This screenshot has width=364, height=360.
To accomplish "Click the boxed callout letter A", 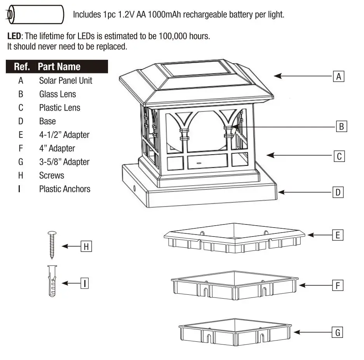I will pyautogui.click(x=339, y=77).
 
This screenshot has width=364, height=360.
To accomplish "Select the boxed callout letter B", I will pyautogui.click(x=341, y=127).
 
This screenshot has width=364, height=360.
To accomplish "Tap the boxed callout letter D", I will pyautogui.click(x=338, y=192).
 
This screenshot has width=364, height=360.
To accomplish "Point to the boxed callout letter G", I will pyautogui.click(x=338, y=332).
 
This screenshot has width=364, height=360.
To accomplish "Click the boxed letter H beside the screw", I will pyautogui.click(x=86, y=246).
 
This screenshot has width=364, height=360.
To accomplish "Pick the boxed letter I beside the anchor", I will pyautogui.click(x=84, y=283).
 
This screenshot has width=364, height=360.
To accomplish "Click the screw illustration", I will pyautogui.click(x=52, y=244).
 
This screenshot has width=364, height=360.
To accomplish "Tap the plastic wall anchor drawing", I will pyautogui.click(x=52, y=280).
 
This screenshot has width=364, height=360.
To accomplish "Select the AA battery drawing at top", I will pyautogui.click(x=35, y=15).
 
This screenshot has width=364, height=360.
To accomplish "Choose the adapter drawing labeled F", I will pyautogui.click(x=235, y=286).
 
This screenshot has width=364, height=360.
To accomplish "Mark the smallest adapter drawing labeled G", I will pyautogui.click(x=235, y=332).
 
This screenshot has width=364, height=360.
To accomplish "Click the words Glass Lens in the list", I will pyautogui.click(x=57, y=94).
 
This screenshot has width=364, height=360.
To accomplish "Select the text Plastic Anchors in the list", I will pyautogui.click(x=64, y=189).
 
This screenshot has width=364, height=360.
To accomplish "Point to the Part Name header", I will pyautogui.click(x=59, y=66).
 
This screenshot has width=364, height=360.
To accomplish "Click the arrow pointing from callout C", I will pyautogui.click(x=299, y=155).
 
